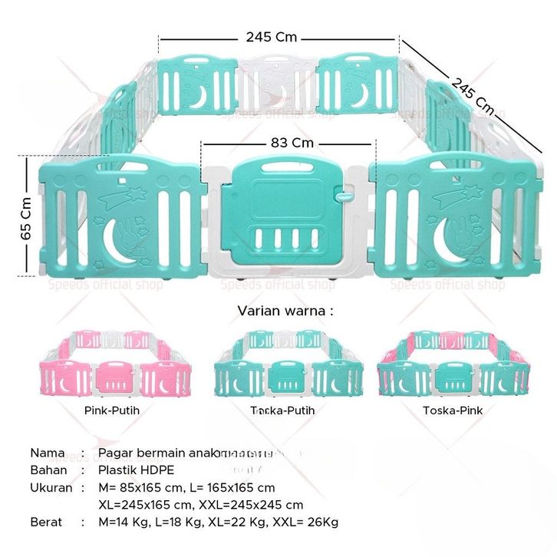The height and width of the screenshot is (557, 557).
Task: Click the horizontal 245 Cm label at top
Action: (272, 36)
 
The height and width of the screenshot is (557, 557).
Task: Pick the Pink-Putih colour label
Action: (111, 410)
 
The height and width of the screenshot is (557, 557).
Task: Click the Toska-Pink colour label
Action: (452, 410)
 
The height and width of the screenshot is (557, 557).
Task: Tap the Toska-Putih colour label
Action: (282, 410)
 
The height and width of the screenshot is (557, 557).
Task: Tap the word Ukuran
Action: (51, 487)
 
